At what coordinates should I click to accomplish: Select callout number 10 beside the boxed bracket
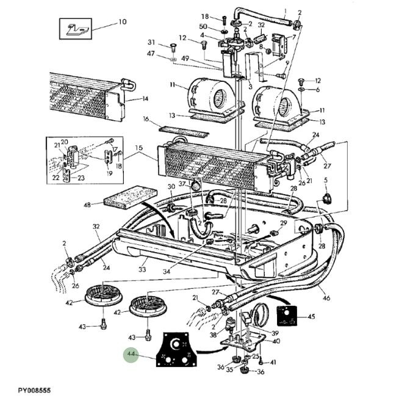[122, 22]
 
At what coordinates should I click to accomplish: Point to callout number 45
[311, 316]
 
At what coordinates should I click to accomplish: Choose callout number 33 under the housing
[142, 268]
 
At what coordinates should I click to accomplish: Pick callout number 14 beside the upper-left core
[145, 99]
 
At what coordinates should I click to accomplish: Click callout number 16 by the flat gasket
[146, 119]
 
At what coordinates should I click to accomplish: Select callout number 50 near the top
[203, 27]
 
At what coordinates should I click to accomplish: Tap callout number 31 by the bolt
[152, 42]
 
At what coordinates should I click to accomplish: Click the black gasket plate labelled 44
[176, 350]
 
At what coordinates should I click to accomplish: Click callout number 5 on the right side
[326, 180]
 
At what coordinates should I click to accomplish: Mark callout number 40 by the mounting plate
[276, 341]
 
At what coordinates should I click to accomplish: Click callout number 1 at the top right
[285, 12]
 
